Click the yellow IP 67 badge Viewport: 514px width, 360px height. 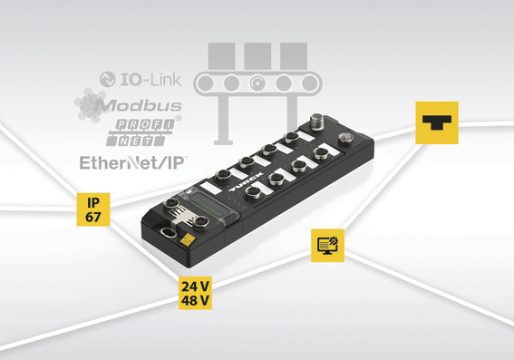click(x=93, y=209)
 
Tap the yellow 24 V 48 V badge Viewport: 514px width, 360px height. click(x=195, y=293)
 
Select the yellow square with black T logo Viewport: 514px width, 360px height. click(x=437, y=122)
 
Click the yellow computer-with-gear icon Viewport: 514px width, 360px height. click(x=327, y=245)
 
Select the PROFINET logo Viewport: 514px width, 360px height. click(x=141, y=132)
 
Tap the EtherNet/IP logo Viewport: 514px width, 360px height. click(x=132, y=162)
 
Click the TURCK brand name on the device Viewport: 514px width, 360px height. click(x=246, y=181)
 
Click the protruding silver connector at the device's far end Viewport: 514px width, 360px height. click(x=317, y=122)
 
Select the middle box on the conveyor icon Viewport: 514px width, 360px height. click(x=257, y=55)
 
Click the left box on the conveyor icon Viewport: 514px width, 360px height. click(x=221, y=55)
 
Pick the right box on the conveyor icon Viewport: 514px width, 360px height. click(x=294, y=55)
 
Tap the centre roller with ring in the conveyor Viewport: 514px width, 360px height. click(x=257, y=83)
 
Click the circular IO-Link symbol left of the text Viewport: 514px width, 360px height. click(x=108, y=80)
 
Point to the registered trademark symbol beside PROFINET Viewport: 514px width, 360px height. click(x=179, y=118)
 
